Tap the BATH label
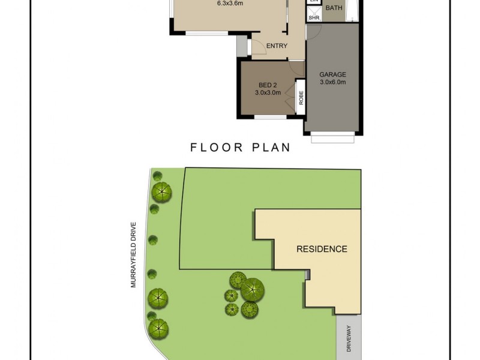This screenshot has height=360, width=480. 334,8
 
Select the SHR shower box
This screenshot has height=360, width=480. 314,18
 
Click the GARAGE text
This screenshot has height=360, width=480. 332,75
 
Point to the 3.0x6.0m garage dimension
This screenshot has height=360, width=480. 332,83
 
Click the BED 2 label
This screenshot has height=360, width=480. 268,85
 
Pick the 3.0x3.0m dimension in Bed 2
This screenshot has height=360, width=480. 268,93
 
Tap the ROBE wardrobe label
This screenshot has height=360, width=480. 301,97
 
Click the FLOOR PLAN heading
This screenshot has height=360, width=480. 240,147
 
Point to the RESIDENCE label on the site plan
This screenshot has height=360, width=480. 322,249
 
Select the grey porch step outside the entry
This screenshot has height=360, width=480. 242,45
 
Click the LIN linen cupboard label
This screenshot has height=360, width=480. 313,2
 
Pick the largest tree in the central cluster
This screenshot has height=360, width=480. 253,289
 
